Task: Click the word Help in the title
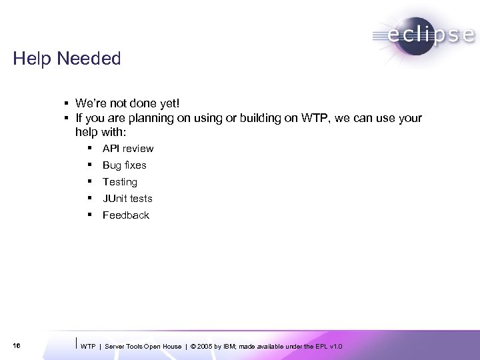pos(33,59)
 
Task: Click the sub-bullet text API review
pos(128,149)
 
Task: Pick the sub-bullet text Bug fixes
pos(124,165)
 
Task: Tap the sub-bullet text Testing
pos(120,182)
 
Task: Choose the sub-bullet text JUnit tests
pos(127,199)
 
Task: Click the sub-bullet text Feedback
pos(126,215)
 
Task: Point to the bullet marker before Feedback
pos(89,215)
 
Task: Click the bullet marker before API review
pos(89,148)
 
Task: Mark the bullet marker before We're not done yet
pos(67,103)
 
